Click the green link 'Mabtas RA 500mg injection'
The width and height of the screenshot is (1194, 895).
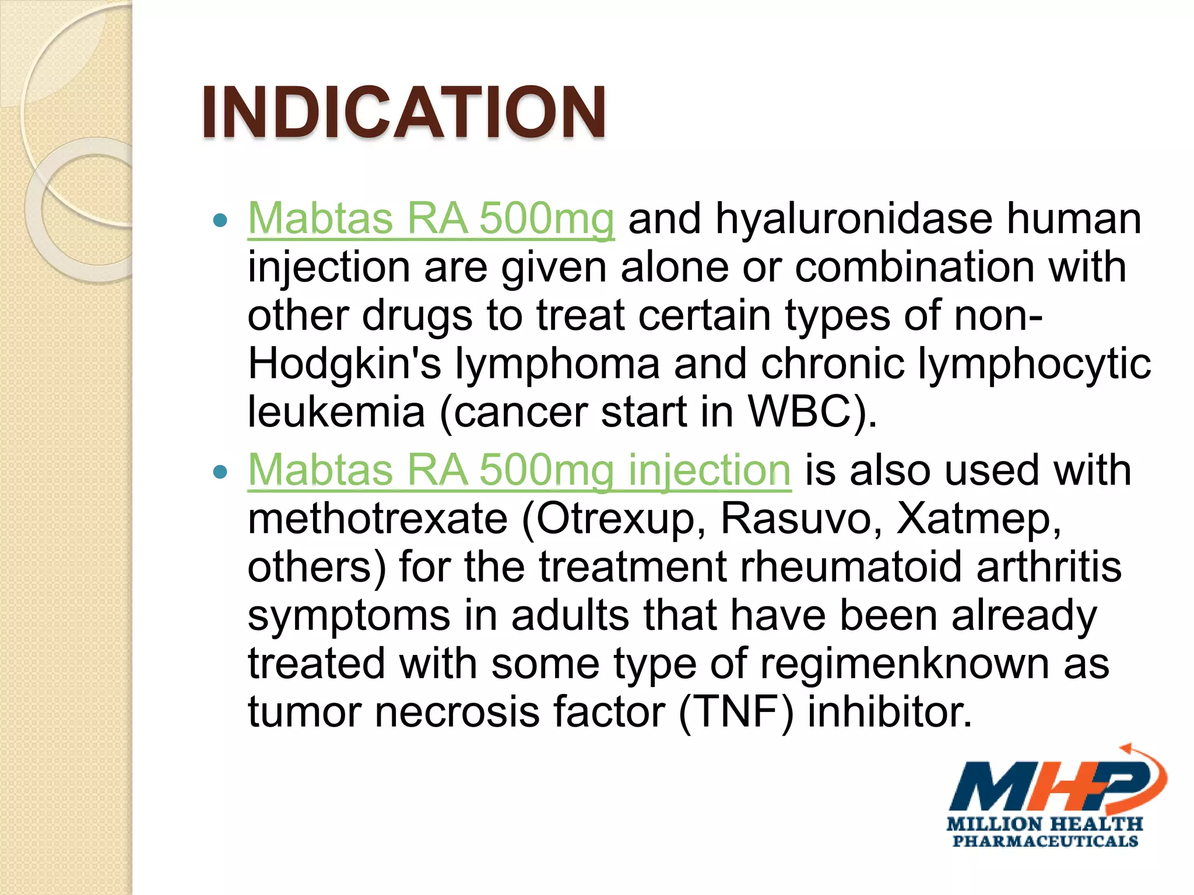pos(519,470)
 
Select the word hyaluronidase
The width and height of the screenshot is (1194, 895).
pos(854,219)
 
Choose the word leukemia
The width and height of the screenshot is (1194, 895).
pos(336,412)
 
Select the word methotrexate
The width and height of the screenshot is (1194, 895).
pos(378,519)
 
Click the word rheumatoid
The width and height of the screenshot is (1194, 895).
pos(850,567)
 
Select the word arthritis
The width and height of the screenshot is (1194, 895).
pos(1049,567)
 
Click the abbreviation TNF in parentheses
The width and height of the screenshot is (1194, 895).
pos(736,712)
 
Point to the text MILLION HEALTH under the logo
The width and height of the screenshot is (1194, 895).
pos(1044,824)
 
